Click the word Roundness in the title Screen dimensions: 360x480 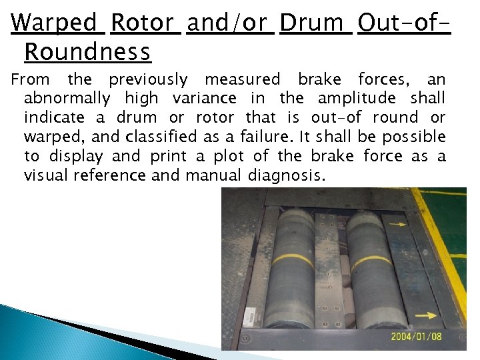pyautogui.click(x=87, y=50)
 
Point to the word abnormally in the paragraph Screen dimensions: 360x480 pyautogui.click(x=67, y=99)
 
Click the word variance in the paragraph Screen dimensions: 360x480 pyautogui.click(x=204, y=99)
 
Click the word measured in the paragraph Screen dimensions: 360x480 pyautogui.click(x=243, y=79)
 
